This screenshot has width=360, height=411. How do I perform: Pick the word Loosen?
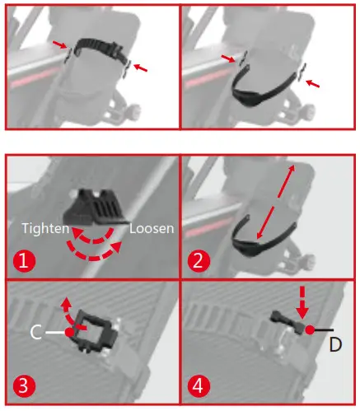click(152, 228)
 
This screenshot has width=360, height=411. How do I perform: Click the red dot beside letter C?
click(70, 331)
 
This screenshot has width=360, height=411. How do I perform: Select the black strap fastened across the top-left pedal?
click(94, 46)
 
